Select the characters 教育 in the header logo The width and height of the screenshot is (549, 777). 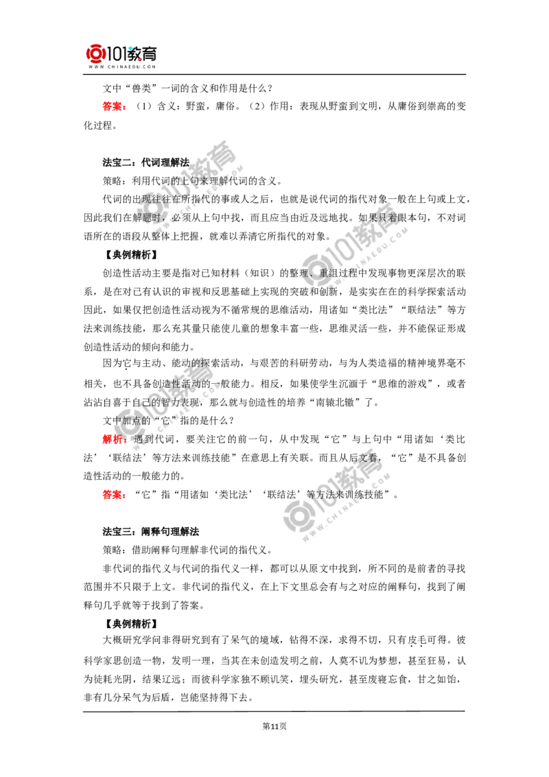148,52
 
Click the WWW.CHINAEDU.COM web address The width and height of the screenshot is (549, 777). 124,67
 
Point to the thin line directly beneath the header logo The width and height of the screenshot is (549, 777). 124,76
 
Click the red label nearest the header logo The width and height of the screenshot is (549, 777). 113,106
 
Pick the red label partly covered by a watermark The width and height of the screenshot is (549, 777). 111,439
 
